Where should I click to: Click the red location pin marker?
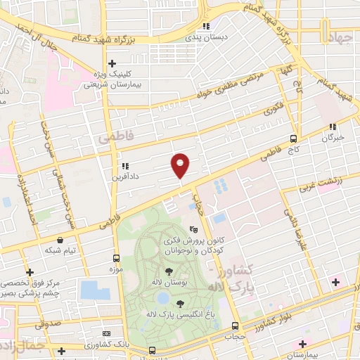point(181,165)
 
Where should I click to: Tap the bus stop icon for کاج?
point(294,139)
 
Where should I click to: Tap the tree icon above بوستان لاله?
point(168,271)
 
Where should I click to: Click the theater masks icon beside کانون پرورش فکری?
point(194,229)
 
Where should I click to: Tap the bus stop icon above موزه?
point(115,259)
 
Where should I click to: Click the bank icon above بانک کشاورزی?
point(106,333)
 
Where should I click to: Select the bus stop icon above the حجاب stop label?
point(236,326)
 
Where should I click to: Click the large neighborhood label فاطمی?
point(113,131)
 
